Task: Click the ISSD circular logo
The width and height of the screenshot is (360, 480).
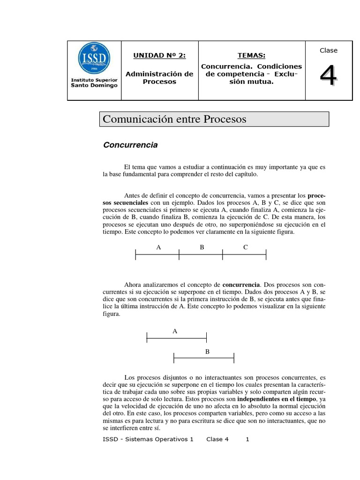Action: pyautogui.click(x=94, y=59)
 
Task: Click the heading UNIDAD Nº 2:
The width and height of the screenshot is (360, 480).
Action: pyautogui.click(x=159, y=55)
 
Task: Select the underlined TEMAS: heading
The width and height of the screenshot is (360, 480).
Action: pyautogui.click(x=251, y=55)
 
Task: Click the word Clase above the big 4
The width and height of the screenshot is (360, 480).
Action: pyautogui.click(x=328, y=51)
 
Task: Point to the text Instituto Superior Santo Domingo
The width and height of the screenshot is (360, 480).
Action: pyautogui.click(x=94, y=82)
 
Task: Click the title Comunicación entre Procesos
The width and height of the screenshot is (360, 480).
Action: pyautogui.click(x=174, y=119)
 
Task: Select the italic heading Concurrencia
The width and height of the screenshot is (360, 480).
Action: pyautogui.click(x=130, y=145)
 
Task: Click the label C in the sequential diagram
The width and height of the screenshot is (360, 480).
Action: pyautogui.click(x=245, y=247)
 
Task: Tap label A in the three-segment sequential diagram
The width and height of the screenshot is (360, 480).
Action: pyautogui.click(x=158, y=247)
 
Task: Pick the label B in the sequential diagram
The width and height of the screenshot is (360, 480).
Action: pyautogui.click(x=202, y=247)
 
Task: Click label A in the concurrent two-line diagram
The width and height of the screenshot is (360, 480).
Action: pyautogui.click(x=175, y=331)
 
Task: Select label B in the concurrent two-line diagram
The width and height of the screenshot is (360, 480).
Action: pyautogui.click(x=207, y=352)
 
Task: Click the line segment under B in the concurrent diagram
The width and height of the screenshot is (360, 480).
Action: pyautogui.click(x=204, y=359)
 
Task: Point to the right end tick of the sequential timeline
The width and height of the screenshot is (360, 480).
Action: pyautogui.click(x=266, y=255)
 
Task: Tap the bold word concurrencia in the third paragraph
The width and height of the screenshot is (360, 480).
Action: pyautogui.click(x=240, y=285)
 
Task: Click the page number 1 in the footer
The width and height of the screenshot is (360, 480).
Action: pyautogui.click(x=247, y=440)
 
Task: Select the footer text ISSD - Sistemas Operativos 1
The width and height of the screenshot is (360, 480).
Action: pyautogui.click(x=148, y=440)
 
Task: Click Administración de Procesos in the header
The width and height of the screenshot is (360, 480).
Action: pyautogui.click(x=159, y=78)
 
